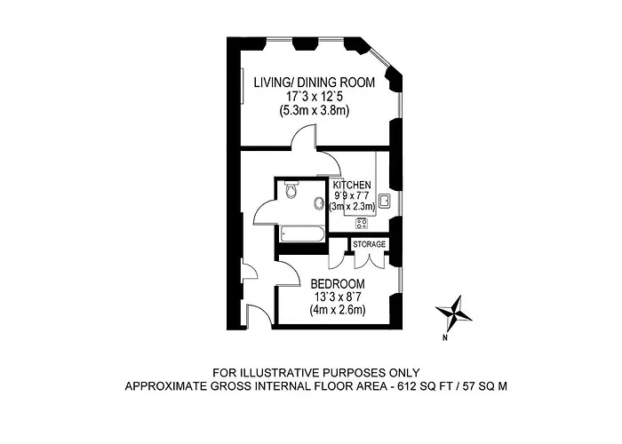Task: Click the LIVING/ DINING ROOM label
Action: click(x=315, y=83)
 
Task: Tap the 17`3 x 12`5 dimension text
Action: click(x=315, y=96)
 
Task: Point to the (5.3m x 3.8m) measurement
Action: click(x=315, y=111)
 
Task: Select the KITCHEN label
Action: click(x=352, y=185)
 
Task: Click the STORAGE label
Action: click(x=370, y=244)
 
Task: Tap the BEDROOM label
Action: click(x=338, y=284)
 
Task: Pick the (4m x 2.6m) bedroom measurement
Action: click(x=338, y=310)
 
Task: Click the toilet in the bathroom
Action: click(x=291, y=189)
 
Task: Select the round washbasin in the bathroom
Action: click(x=318, y=203)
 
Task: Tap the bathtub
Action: click(x=302, y=234)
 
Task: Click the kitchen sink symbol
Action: click(x=384, y=201)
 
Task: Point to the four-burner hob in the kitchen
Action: click(x=362, y=224)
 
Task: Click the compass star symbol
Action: click(x=454, y=313)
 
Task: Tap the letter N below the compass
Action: click(x=445, y=338)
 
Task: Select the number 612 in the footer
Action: click(x=407, y=386)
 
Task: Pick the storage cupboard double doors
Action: click(x=370, y=262)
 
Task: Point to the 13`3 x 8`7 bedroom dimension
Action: click(x=338, y=297)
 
